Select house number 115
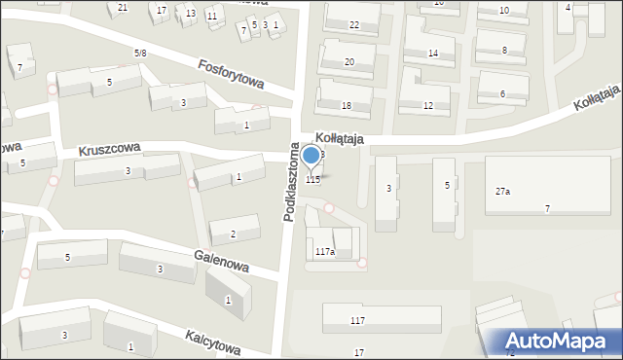[x=312, y=180]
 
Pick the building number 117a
[x=325, y=251]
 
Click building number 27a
[x=502, y=192]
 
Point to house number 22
[x=354, y=25]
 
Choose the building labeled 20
[x=349, y=62]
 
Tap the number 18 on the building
[x=346, y=105]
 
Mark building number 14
[x=433, y=54]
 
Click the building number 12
[x=428, y=105]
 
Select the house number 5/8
[x=140, y=53]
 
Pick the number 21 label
[x=123, y=8]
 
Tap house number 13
[x=191, y=13]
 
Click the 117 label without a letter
[x=357, y=320]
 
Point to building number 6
[x=502, y=93]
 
